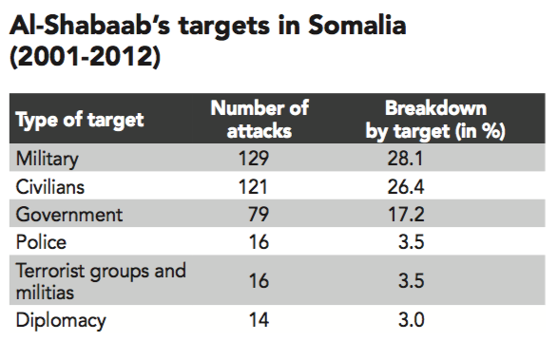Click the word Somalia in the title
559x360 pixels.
[357, 26]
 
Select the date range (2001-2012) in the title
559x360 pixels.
[86, 57]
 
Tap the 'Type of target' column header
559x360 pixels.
[80, 120]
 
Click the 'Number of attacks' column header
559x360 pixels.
[260, 120]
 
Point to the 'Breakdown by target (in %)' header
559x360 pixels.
[435, 120]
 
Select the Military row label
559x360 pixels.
[48, 159]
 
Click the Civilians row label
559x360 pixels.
[50, 186]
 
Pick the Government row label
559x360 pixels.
[69, 215]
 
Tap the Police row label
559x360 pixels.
[42, 242]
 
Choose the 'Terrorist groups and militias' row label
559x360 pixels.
[101, 281]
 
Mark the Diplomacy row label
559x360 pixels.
[61, 320]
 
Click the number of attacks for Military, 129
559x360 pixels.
[254, 158]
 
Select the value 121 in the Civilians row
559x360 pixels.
[253, 186]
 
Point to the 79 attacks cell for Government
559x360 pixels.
[259, 215]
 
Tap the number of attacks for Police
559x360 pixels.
[259, 242]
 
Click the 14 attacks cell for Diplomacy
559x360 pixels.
[259, 319]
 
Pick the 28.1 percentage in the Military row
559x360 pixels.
[405, 158]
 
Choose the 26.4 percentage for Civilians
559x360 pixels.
[406, 186]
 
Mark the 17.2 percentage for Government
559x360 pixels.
[406, 215]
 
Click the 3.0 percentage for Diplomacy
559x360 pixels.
[412, 319]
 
